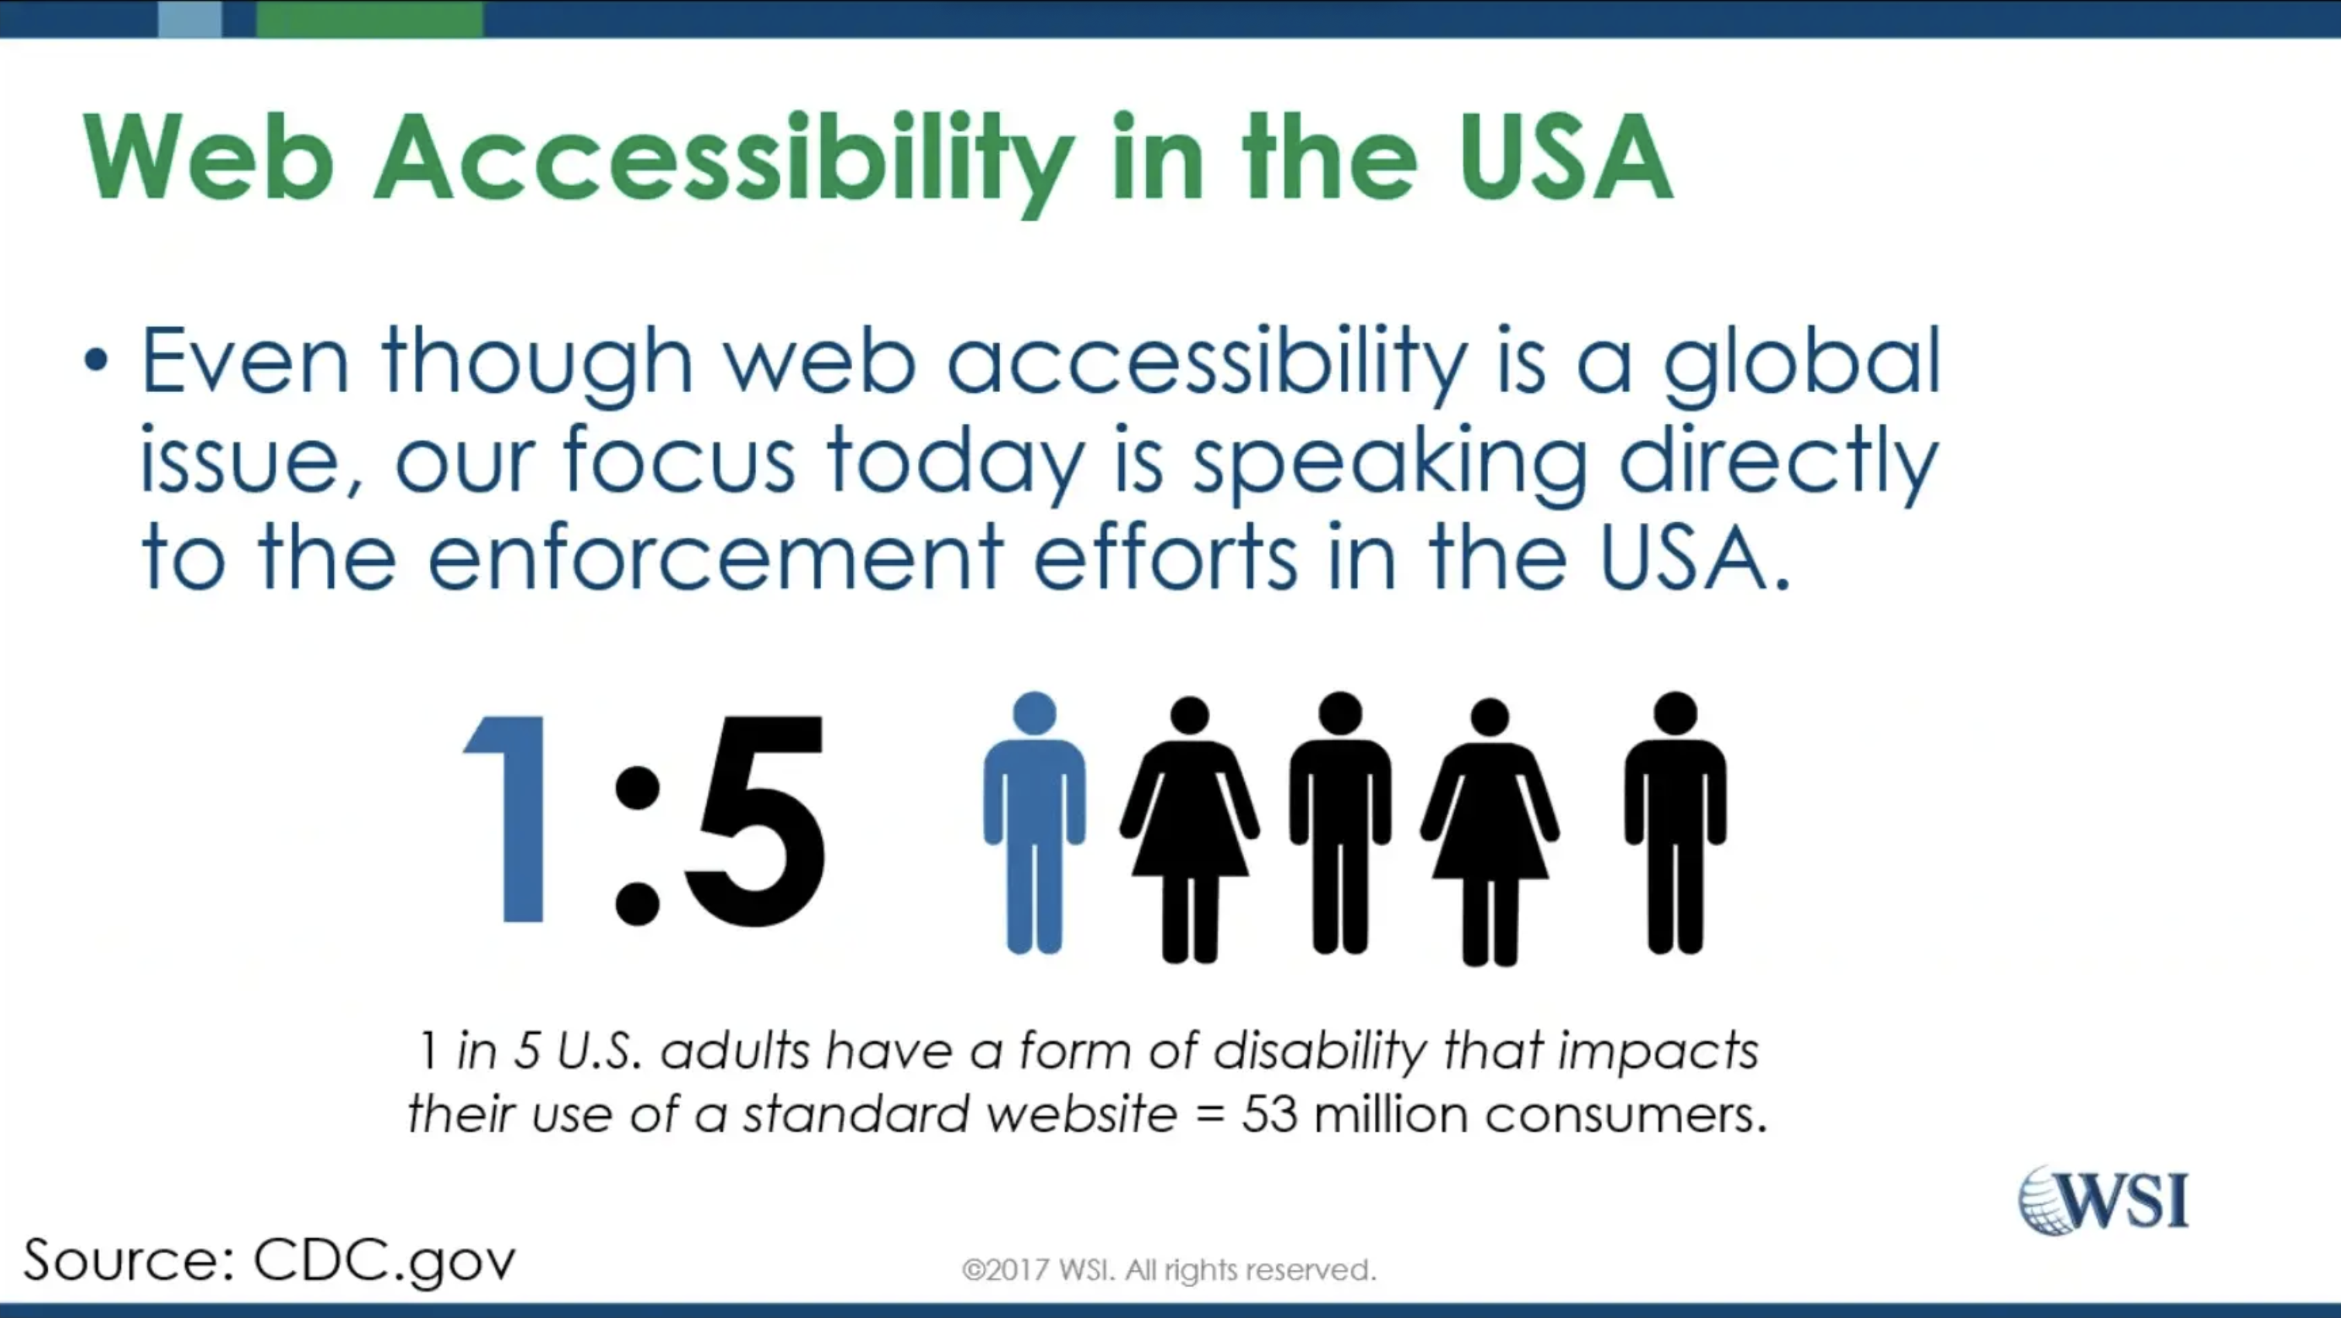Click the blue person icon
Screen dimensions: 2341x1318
coord(1034,823)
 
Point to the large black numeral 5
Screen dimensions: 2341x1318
coord(755,820)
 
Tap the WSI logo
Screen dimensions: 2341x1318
coord(2103,1199)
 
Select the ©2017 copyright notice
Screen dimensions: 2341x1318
coord(1170,1270)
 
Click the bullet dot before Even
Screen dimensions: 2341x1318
coord(95,362)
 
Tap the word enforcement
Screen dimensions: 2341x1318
coord(715,556)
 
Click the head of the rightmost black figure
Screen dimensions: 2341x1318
coord(1676,714)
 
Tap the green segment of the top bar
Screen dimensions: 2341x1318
coord(370,18)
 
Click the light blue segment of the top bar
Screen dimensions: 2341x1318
coord(190,18)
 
